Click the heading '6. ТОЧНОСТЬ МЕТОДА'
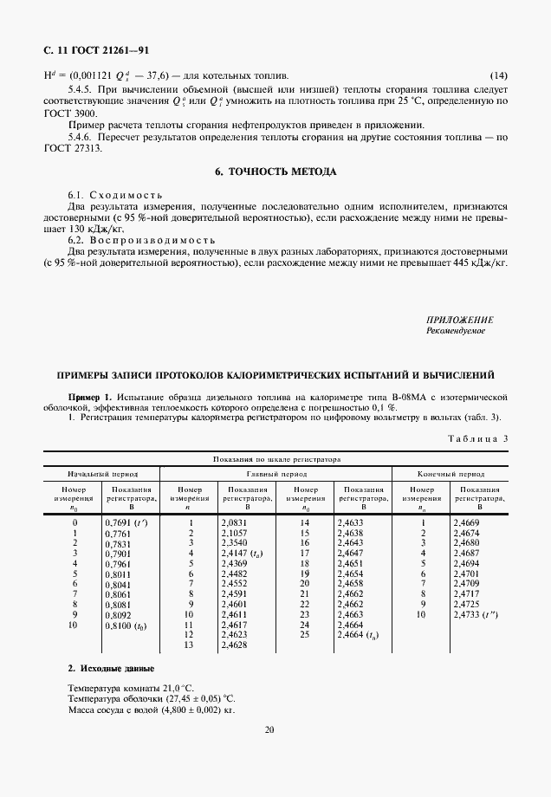[x=275, y=172]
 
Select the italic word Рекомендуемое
[x=456, y=330]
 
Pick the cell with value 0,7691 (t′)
[x=124, y=523]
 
